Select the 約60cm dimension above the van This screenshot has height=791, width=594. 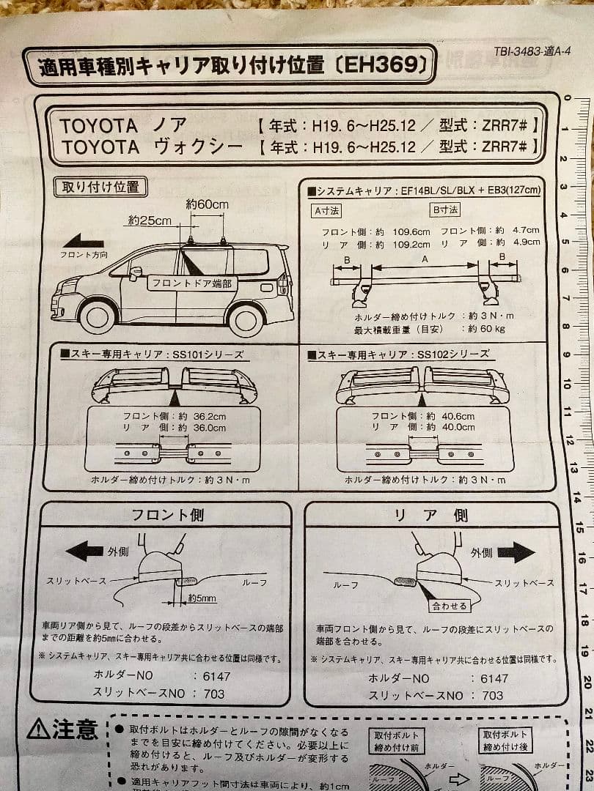click(207, 205)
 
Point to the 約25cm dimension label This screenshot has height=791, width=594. click(149, 220)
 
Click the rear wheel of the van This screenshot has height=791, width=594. click(246, 318)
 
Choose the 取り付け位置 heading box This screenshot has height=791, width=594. click(101, 187)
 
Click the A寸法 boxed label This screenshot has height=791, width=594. click(326, 210)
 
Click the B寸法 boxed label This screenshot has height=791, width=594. click(445, 210)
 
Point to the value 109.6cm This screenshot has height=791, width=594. click(410, 231)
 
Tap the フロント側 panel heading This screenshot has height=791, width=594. click(167, 515)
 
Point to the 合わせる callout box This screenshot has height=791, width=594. click(450, 606)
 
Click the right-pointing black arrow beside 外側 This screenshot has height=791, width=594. click(518, 552)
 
